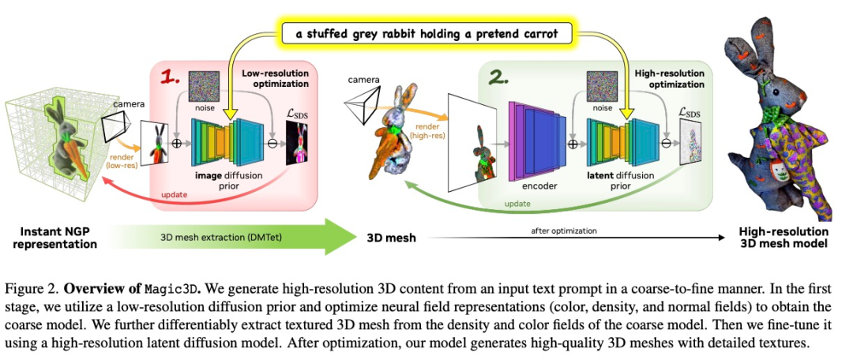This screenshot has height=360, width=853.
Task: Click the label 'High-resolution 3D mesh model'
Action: pyautogui.click(x=783, y=238)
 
